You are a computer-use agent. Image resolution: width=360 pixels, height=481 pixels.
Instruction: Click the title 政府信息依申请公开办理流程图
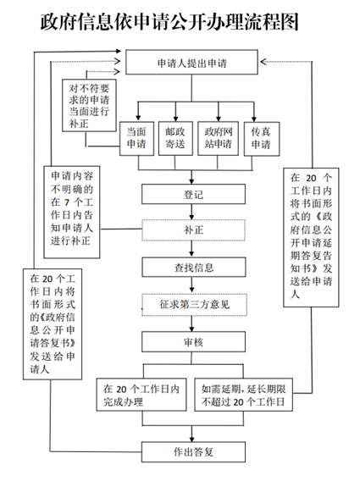click(x=169, y=22)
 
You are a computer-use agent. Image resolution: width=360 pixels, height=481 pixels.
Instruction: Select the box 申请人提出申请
click(x=191, y=63)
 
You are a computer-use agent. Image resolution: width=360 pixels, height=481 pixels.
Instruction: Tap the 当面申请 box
click(x=136, y=138)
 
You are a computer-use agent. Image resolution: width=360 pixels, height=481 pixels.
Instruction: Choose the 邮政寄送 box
click(x=175, y=138)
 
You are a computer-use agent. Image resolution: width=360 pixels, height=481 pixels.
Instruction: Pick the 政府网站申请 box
click(x=219, y=138)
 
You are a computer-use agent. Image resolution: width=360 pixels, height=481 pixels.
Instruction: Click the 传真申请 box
click(x=262, y=139)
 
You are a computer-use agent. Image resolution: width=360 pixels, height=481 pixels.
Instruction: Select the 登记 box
click(x=193, y=194)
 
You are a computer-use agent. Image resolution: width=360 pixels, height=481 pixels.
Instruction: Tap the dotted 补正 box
click(x=193, y=230)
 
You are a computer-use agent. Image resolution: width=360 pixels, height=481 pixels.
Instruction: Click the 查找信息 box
click(x=194, y=268)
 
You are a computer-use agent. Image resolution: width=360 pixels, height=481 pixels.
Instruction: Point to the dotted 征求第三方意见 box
click(x=194, y=305)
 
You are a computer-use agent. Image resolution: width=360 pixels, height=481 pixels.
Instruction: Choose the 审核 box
click(x=193, y=342)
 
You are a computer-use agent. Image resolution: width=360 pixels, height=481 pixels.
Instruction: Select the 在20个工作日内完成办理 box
click(x=141, y=395)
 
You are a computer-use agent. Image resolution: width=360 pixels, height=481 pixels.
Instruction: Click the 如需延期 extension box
click(x=244, y=395)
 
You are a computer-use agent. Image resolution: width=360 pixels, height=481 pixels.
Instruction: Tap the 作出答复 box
click(x=193, y=452)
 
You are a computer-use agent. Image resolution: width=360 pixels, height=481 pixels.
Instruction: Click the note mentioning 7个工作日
click(x=72, y=213)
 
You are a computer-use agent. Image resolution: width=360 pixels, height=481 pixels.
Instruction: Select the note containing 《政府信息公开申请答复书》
click(x=53, y=324)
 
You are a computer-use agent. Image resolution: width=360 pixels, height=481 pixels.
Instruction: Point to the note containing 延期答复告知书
click(x=311, y=237)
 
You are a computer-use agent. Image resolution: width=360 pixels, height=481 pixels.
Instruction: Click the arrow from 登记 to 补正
click(x=191, y=212)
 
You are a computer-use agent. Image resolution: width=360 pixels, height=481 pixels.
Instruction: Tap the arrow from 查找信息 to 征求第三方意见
click(x=191, y=285)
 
